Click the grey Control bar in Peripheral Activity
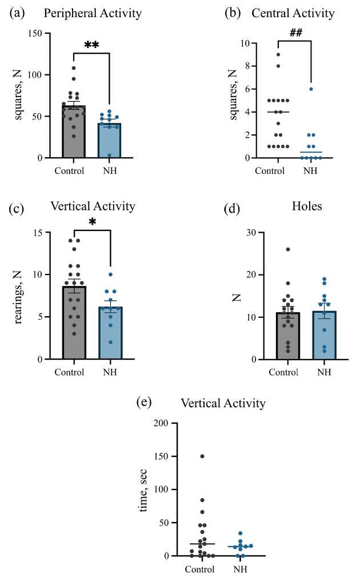coord(74,132)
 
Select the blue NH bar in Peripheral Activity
coord(109,140)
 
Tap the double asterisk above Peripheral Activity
coord(91,44)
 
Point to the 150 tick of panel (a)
coord(35,34)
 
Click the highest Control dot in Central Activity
coord(278,54)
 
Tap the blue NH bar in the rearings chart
coord(109,333)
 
